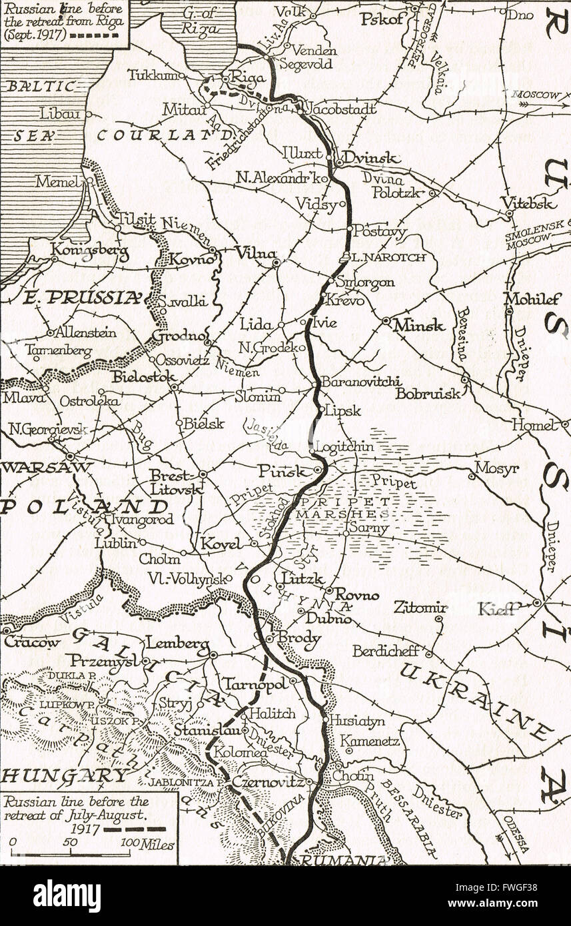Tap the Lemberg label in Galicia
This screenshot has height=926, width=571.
(x=177, y=644)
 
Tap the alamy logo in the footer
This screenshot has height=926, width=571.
(x=67, y=896)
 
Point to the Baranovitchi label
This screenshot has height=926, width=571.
(x=360, y=382)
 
